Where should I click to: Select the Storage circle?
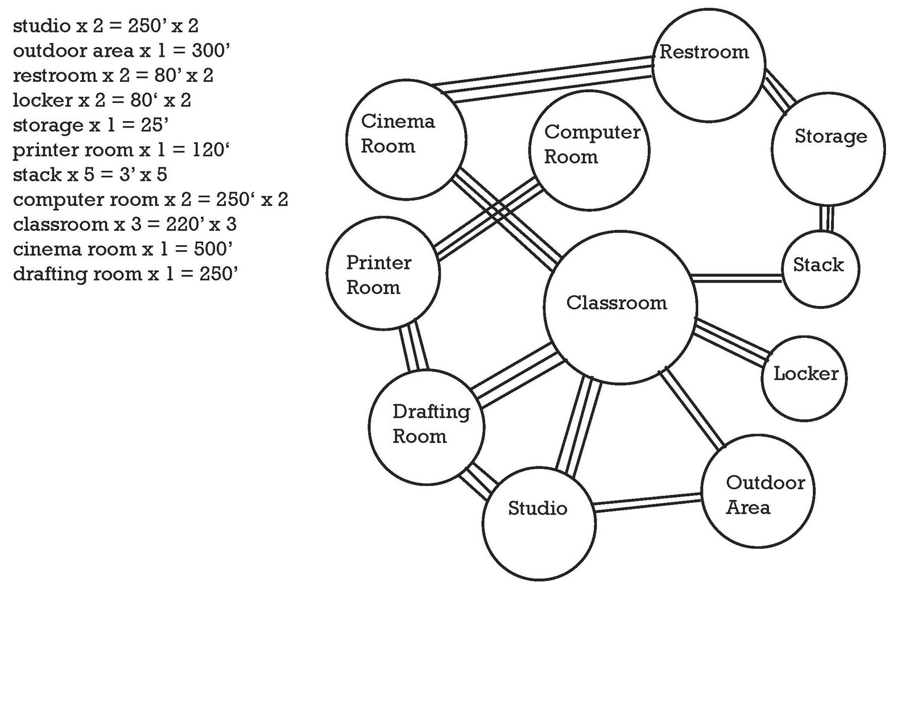(x=828, y=149)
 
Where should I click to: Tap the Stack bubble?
(x=821, y=269)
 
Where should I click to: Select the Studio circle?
(x=539, y=524)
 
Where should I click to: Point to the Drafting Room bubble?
(x=427, y=427)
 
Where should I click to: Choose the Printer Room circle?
(x=383, y=273)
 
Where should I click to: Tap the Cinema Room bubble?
(x=406, y=139)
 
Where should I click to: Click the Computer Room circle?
(x=589, y=151)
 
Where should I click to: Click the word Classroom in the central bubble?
(x=617, y=303)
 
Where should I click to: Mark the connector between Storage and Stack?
(x=825, y=218)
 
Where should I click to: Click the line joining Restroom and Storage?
(x=778, y=90)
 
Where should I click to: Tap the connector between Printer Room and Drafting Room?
(x=413, y=346)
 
